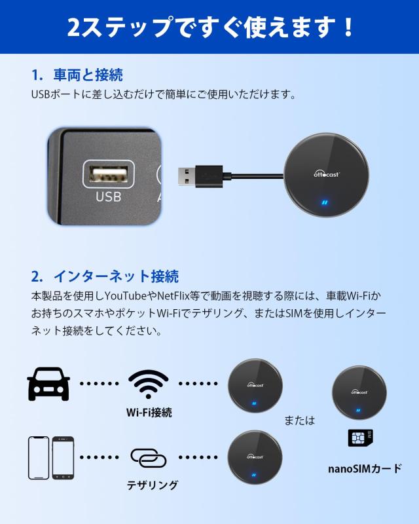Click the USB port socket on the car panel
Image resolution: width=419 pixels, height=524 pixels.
tap(109, 175)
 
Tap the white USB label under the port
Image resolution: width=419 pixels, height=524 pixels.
tap(109, 196)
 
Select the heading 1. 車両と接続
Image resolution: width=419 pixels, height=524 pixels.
tap(77, 75)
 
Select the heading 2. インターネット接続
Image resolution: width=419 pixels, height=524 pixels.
tap(105, 276)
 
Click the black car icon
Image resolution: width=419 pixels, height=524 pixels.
tap(48, 384)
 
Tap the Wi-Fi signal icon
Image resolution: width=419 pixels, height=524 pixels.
tap(149, 384)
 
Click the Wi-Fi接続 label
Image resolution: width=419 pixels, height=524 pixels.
tap(149, 413)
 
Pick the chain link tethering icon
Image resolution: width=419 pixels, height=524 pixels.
tap(149, 457)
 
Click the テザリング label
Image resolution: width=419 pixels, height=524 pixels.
tap(153, 485)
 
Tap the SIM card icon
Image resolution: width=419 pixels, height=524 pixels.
tap(360, 438)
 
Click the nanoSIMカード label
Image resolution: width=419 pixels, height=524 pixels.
tap(365, 468)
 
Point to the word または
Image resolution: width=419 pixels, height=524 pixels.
tap(299, 420)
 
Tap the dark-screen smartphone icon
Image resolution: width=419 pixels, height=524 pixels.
tap(63, 457)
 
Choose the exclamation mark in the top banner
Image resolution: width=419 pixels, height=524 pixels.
tap(347, 27)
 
